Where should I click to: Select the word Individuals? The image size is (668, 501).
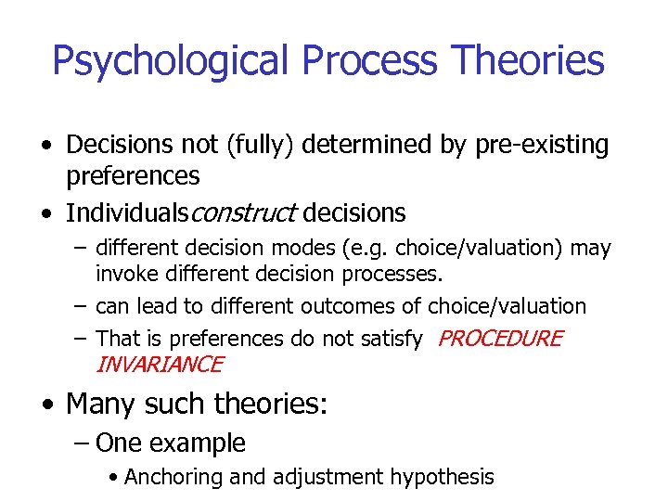point(126,213)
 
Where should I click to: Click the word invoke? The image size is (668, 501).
point(124,273)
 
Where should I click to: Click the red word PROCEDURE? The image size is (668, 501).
point(499,340)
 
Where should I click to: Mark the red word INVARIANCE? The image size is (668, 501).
point(159,365)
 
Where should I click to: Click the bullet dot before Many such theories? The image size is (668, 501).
point(47,405)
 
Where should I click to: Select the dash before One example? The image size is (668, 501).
point(80,443)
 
